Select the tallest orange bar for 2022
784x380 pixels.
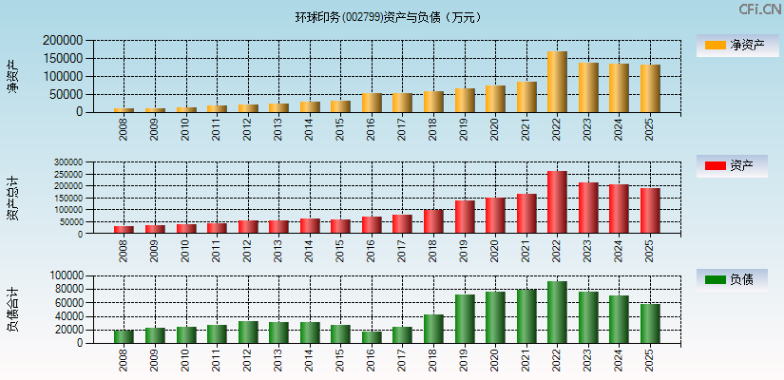(557, 82)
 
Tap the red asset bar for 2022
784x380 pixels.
(557, 202)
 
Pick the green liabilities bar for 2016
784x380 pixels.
(372, 337)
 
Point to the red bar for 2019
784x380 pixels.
(465, 217)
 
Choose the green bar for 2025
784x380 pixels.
(650, 324)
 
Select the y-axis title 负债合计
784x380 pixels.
(13, 310)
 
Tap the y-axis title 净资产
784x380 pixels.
(13, 76)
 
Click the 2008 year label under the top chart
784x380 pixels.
(124, 128)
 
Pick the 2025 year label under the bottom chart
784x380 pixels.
(650, 360)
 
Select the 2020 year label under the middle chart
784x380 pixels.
(495, 251)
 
